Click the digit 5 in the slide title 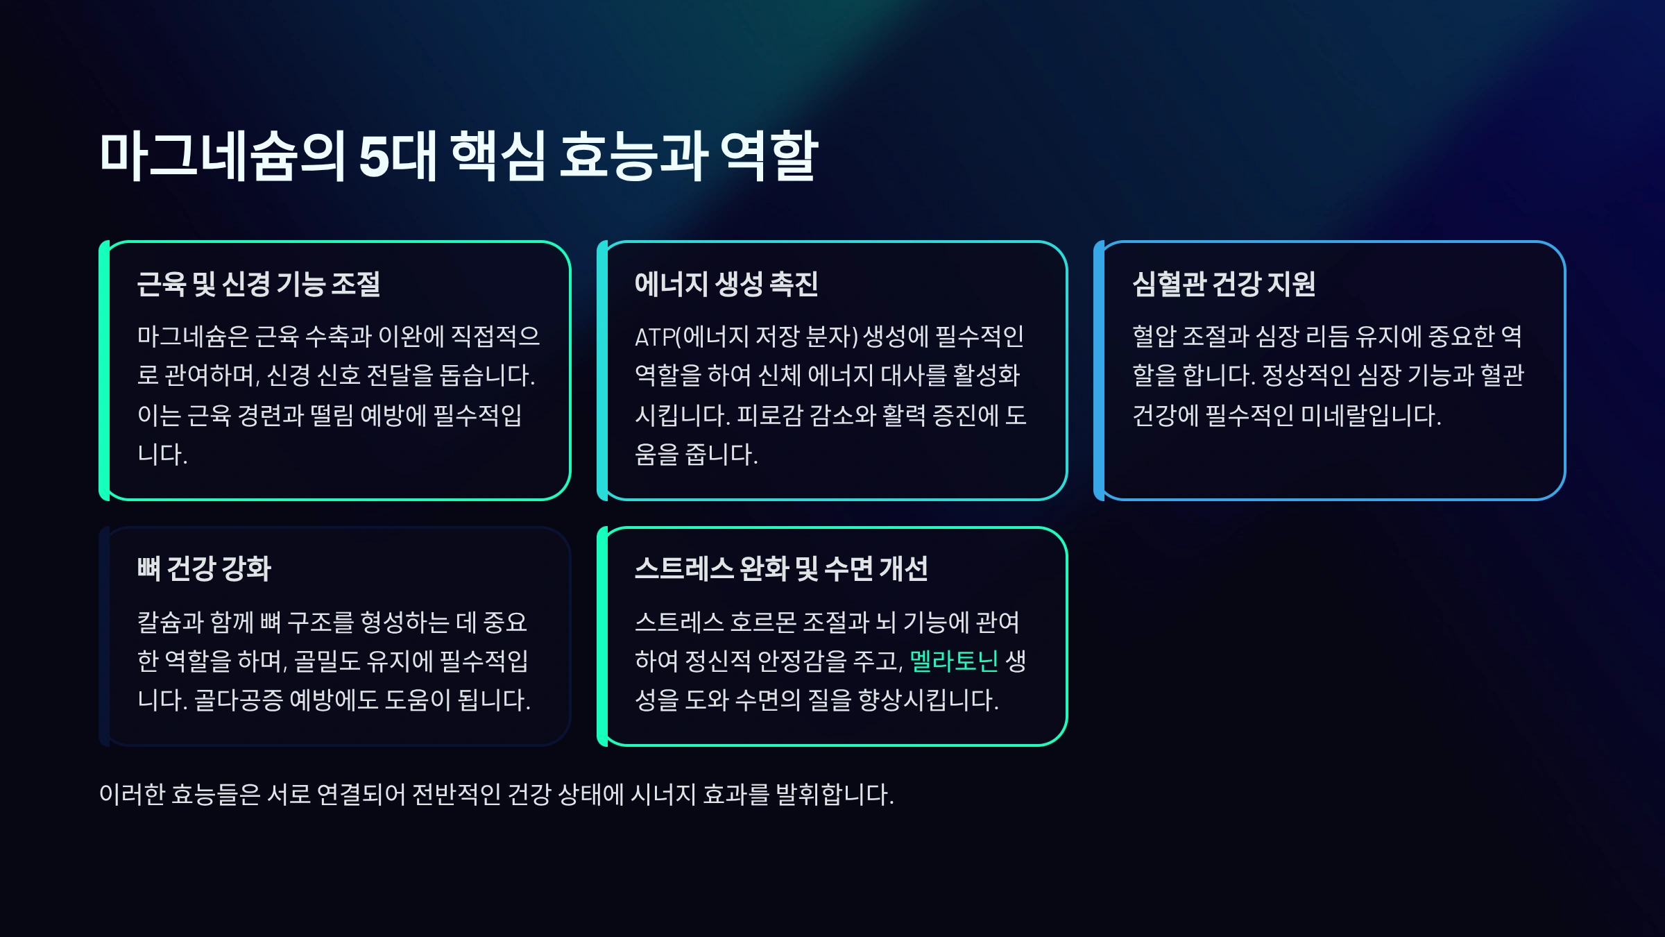click(374, 157)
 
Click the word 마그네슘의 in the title click(222, 157)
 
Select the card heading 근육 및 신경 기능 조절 click(259, 284)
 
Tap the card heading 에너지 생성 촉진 click(726, 284)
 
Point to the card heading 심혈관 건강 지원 click(1224, 284)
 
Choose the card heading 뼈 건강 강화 click(204, 568)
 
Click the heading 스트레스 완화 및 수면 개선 click(781, 568)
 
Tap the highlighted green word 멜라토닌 click(954, 661)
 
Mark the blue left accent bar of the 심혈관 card click(1099, 371)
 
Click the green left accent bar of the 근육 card click(104, 371)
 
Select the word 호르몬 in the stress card click(763, 622)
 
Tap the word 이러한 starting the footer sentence click(131, 794)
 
